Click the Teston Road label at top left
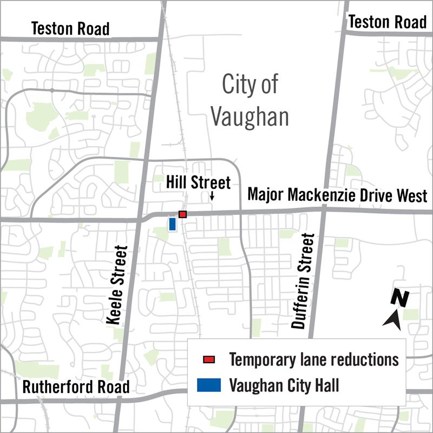[70, 28]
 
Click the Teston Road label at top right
[387, 22]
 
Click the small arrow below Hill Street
[212, 197]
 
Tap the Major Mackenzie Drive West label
[337, 195]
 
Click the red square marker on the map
[183, 214]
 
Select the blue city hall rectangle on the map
[173, 224]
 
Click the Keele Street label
[117, 285]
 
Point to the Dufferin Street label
[302, 280]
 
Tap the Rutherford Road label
[76, 387]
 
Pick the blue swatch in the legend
[208, 385]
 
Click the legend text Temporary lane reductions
[314, 359]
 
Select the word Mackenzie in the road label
[320, 195]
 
